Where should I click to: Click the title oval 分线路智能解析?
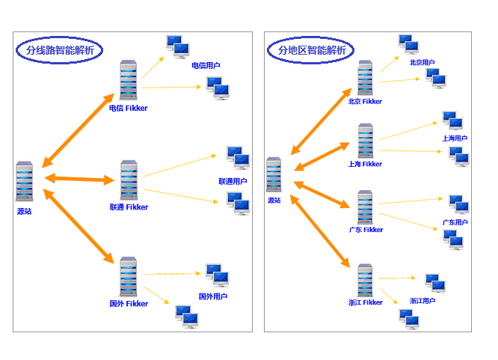60,51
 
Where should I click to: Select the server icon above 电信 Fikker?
129,81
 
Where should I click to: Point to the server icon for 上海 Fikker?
365,141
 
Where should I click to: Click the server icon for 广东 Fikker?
365,207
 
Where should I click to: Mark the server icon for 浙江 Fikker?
365,280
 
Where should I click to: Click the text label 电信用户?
206,66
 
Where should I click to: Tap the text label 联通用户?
233,181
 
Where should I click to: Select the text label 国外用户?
213,296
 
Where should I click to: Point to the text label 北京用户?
422,63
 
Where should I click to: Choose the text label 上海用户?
455,138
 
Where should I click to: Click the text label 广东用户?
455,222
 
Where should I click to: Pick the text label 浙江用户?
422,301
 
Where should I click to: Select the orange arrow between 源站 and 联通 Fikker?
79,179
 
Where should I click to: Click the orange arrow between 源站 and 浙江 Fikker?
322,224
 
